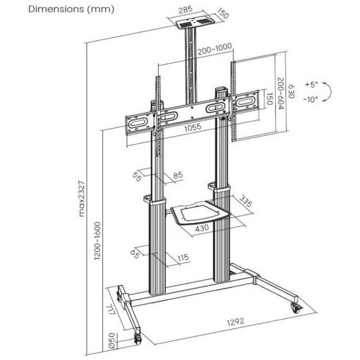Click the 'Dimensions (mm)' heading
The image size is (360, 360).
[x=71, y=10]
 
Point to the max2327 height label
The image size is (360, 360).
[x=82, y=199]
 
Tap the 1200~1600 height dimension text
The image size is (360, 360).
[x=97, y=241]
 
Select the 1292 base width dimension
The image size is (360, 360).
[x=235, y=321]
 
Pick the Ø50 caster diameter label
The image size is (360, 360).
[x=111, y=341]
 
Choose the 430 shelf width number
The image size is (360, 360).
[x=202, y=228]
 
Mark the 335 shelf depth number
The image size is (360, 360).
[x=246, y=201]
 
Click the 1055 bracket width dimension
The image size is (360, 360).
[x=193, y=128]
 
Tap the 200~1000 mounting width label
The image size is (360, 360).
[x=215, y=49]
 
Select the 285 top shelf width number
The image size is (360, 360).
[x=186, y=10]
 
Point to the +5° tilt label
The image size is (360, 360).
[x=311, y=84]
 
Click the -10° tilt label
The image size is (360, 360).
[x=311, y=100]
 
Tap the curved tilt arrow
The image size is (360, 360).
[x=330, y=92]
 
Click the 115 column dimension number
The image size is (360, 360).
[x=183, y=257]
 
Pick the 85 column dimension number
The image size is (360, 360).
[x=178, y=175]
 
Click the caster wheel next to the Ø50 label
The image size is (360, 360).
[x=138, y=339]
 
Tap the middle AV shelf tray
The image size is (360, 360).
[x=200, y=212]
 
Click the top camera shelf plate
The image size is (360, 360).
[x=195, y=22]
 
